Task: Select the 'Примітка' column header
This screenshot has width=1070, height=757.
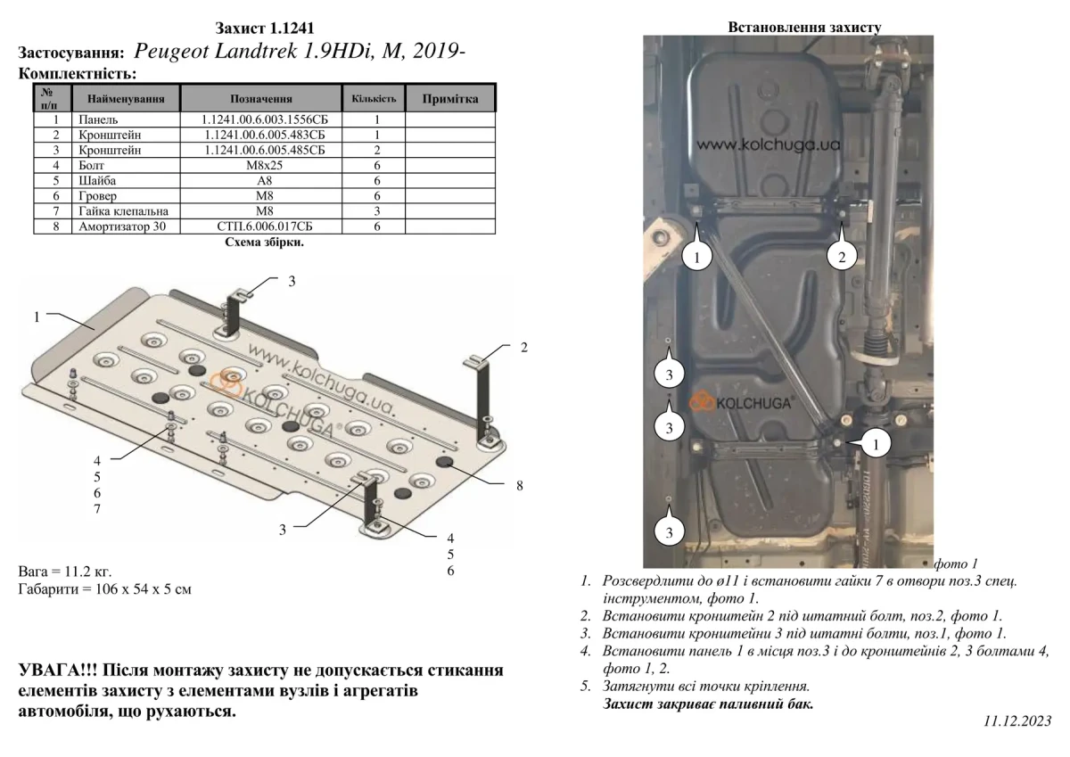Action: (x=450, y=98)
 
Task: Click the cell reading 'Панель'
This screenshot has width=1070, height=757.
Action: (x=98, y=119)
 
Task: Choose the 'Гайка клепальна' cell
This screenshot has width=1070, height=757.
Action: (x=123, y=211)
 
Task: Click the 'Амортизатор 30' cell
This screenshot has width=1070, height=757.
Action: (x=123, y=226)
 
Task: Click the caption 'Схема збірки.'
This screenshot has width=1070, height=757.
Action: (x=264, y=242)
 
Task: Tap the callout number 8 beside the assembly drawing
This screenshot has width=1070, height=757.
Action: (x=519, y=485)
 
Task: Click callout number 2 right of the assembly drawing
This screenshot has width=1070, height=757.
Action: (x=524, y=347)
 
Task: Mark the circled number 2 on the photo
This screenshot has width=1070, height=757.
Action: (x=841, y=257)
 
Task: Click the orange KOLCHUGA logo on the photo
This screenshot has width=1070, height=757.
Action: (x=744, y=402)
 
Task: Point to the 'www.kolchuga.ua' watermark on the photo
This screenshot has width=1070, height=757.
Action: (x=769, y=144)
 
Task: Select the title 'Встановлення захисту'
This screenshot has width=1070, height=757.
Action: (x=804, y=28)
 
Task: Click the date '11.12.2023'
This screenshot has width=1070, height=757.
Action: (x=1018, y=720)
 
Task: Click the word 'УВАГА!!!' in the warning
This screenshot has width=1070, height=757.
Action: (x=55, y=671)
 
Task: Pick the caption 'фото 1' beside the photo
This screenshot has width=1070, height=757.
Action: (x=956, y=564)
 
